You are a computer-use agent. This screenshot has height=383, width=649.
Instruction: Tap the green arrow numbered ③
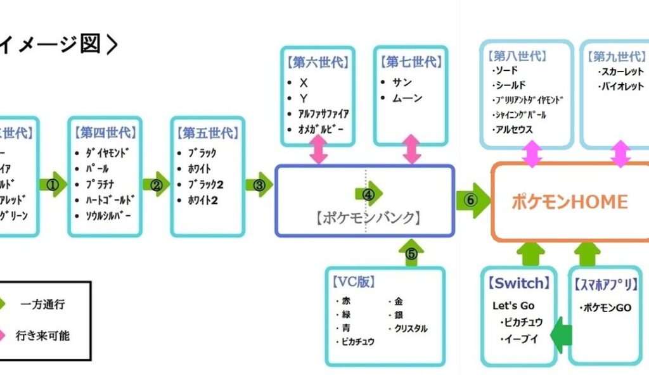click(x=259, y=185)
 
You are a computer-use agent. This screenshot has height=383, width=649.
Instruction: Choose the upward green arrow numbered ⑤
click(x=412, y=253)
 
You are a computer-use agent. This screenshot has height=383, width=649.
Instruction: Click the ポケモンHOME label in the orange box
click(x=569, y=202)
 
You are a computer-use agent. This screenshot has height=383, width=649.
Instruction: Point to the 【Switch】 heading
click(x=517, y=283)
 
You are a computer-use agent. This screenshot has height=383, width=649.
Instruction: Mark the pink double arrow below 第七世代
click(x=413, y=149)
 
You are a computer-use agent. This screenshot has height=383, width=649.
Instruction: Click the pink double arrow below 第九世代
click(x=620, y=154)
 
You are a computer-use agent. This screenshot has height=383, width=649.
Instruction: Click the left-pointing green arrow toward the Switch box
click(x=561, y=336)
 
